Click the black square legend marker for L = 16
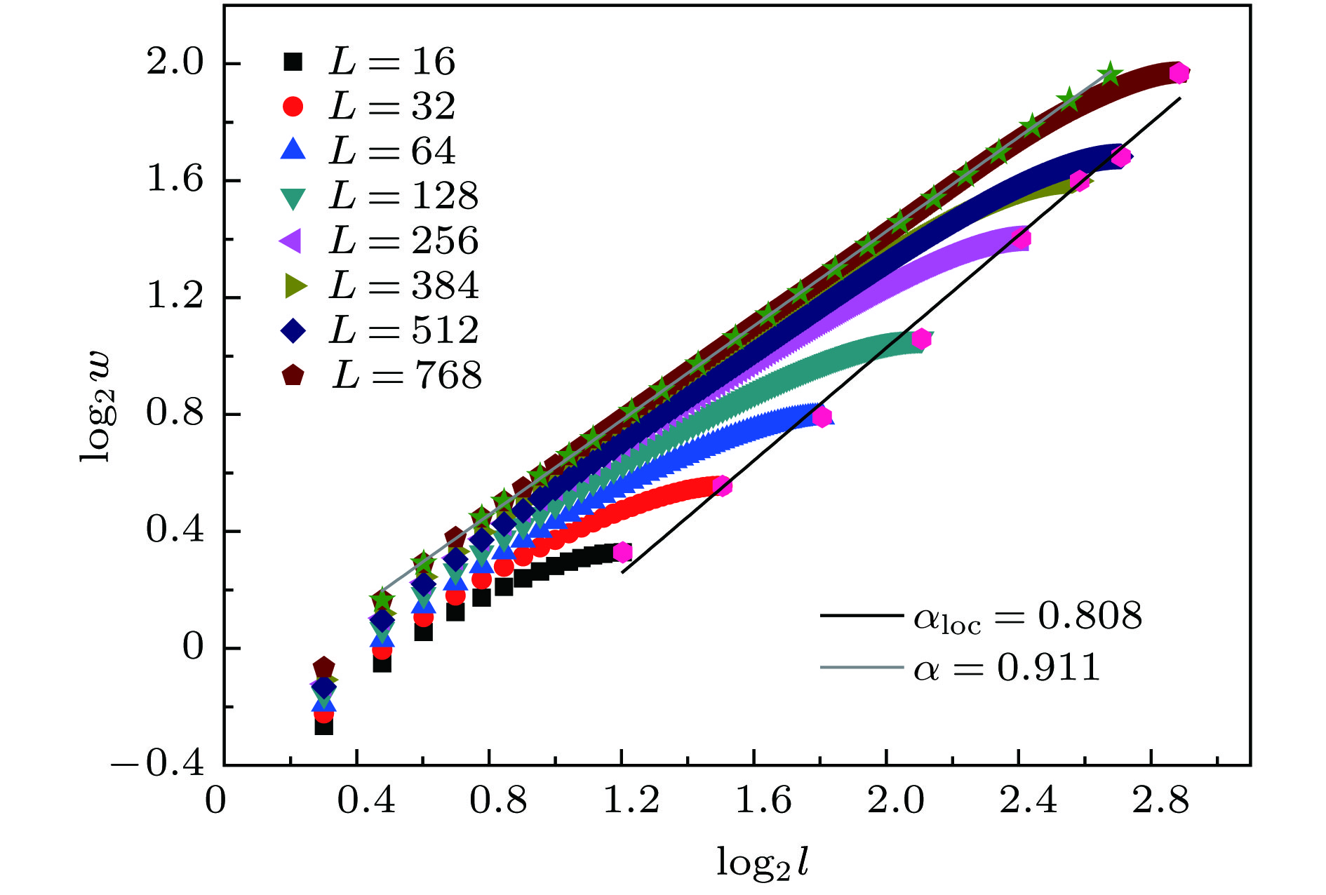[x=293, y=62]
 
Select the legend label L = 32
[x=392, y=106]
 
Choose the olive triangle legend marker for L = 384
[x=294, y=285]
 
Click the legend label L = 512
[x=403, y=330]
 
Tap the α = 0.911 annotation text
[x=1006, y=667]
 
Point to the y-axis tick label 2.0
[x=174, y=63]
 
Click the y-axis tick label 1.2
[x=174, y=297]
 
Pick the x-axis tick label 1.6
[x=763, y=800]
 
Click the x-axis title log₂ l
[x=762, y=862]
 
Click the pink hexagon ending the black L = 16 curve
[x=622, y=553]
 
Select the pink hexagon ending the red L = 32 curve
[x=721, y=486]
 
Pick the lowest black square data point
[x=323, y=726]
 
